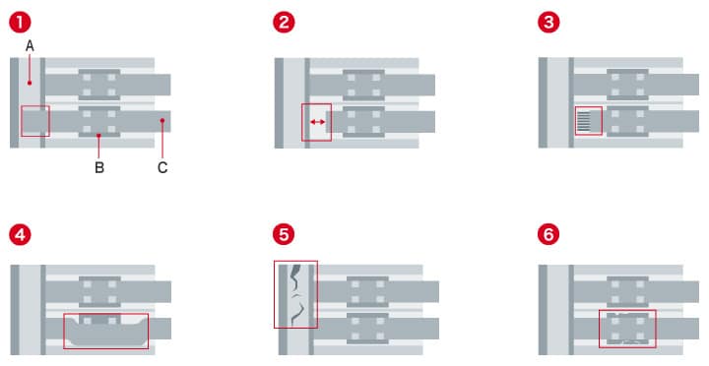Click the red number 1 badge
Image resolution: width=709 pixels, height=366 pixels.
20,23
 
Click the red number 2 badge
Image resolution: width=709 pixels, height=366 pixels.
284,23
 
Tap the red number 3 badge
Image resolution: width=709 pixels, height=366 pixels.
548,23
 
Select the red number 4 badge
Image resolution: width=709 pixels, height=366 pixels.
20,234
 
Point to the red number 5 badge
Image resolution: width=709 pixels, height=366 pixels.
284,234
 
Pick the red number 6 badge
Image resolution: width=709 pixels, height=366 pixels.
548,234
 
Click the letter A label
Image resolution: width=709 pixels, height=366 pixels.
30,46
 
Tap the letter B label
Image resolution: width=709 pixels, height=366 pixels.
99,167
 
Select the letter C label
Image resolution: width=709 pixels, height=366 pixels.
162,167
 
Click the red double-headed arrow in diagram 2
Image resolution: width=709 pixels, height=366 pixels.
317,122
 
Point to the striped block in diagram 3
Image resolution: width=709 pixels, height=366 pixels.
584,122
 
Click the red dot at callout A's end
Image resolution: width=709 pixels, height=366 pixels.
30,84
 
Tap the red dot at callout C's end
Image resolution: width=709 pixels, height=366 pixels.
161,121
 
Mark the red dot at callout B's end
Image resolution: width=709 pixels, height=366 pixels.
98,135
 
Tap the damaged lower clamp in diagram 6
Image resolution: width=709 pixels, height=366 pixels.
627,329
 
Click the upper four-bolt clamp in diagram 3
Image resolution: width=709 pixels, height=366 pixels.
627,85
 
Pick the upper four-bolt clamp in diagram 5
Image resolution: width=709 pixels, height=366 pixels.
367,292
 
